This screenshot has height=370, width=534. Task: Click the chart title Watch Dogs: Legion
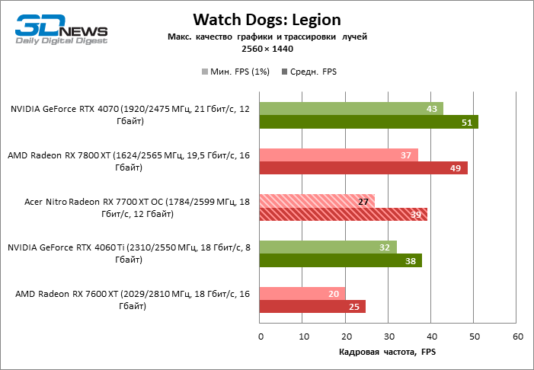coord(267,19)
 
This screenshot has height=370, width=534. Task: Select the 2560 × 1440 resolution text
coord(267,48)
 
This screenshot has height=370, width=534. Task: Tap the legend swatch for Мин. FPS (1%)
coord(205,72)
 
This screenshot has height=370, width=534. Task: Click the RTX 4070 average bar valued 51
coord(369,122)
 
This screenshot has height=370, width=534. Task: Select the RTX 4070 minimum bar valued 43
coord(351,109)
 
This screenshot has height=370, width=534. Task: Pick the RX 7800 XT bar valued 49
coord(363,168)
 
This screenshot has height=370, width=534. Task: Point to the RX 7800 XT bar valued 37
coord(338,155)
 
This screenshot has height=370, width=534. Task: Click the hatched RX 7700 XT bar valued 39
coord(343,215)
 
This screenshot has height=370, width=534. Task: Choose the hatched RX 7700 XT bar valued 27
coord(317,202)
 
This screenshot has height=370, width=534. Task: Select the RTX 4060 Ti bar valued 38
coord(341,260)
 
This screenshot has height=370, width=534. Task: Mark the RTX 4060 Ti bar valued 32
coord(328,247)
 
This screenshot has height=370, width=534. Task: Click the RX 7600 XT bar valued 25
coord(312,307)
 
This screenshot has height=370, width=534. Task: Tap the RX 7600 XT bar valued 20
coord(302,294)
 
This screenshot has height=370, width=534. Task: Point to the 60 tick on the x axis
coord(517,336)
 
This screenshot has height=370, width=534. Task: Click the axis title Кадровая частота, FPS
coord(386,352)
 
